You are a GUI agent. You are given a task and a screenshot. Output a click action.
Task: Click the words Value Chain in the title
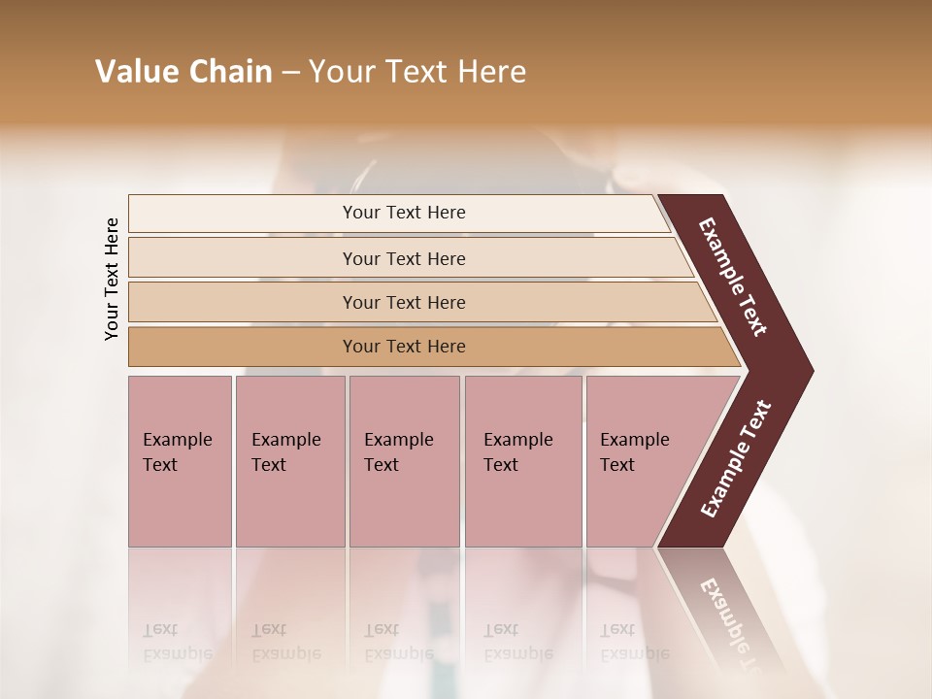[x=183, y=72]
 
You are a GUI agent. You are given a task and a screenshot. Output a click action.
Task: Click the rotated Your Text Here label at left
[x=112, y=279]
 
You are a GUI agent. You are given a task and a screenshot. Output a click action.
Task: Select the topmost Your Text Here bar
[x=403, y=213]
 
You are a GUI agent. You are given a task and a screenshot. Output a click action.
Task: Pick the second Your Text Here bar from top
[x=403, y=258]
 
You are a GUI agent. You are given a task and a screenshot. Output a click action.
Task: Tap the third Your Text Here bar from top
[x=403, y=302]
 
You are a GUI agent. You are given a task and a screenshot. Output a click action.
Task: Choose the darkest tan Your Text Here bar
[x=403, y=347]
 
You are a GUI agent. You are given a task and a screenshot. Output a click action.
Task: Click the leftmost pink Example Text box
[x=180, y=461]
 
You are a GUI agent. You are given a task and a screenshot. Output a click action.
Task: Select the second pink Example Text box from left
[x=289, y=461]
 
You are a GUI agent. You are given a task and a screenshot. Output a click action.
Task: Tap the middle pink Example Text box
[x=404, y=461]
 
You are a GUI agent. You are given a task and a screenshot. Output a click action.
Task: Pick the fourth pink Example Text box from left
[x=522, y=461]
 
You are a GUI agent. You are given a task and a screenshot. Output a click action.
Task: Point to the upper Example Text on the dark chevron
[x=733, y=277]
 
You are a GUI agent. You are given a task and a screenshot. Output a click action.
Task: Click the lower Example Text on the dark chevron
[x=736, y=459]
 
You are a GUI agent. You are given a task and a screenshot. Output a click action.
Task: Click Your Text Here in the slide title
[x=417, y=72]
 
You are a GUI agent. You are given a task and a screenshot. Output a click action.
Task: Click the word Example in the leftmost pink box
[x=177, y=440]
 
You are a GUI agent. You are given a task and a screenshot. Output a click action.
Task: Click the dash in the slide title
[x=290, y=72]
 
